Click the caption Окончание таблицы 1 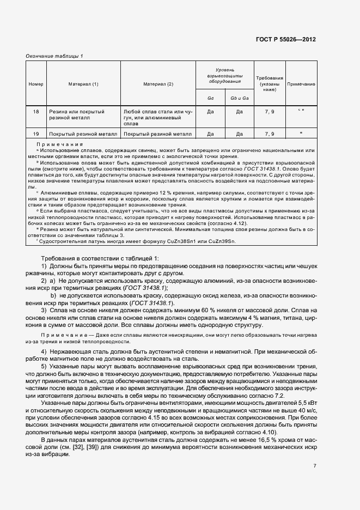(x=54, y=56)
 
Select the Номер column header (x=36, y=84)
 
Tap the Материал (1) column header (x=83, y=84)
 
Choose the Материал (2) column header (x=158, y=84)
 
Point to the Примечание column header (x=301, y=84)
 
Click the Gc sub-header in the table (x=211, y=98)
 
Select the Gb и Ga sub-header (x=240, y=98)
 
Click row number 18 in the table (x=36, y=112)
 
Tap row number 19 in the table (x=36, y=133)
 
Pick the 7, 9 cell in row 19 (x=270, y=133)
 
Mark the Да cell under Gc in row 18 (x=211, y=112)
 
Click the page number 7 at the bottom (x=314, y=465)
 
